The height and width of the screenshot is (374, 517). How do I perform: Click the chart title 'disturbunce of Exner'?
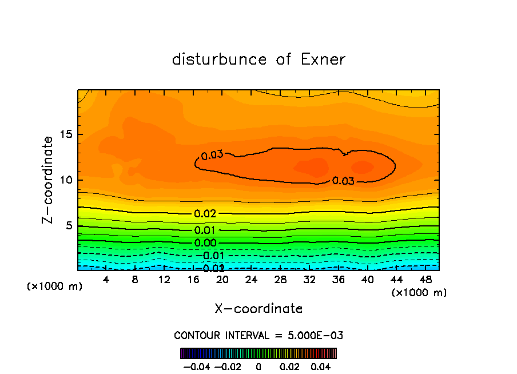click(258, 59)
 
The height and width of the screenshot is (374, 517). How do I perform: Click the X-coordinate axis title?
click(258, 309)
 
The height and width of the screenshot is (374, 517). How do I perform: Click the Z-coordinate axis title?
click(48, 180)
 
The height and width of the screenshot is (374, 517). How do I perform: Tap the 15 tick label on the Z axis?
click(65, 134)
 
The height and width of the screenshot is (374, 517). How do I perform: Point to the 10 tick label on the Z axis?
click(65, 180)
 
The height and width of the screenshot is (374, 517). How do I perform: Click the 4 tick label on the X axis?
click(106, 280)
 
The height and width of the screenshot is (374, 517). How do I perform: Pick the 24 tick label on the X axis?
click(251, 280)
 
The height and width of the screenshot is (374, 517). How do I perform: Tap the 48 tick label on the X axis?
click(425, 280)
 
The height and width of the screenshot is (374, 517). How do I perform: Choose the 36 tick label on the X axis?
click(338, 280)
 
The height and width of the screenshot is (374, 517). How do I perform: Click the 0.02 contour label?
click(205, 214)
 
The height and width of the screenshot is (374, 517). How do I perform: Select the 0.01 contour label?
click(205, 230)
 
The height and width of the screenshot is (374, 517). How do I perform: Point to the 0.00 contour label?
click(205, 243)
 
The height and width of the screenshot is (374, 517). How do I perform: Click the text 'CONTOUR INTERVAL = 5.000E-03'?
click(258, 335)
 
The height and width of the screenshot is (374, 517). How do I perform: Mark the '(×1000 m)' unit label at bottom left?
click(55, 287)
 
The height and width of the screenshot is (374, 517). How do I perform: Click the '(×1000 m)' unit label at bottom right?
click(419, 293)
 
